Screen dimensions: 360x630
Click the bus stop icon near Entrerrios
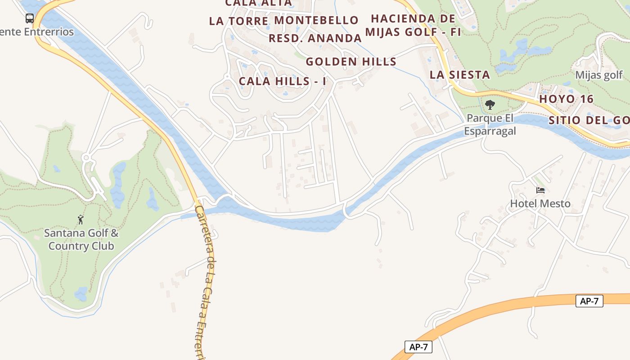point(30,18)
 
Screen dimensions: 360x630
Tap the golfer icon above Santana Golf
point(81,220)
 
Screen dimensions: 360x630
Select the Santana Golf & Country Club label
point(81,239)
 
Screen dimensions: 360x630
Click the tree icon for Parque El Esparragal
point(490,105)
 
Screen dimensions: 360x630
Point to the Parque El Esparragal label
point(490,124)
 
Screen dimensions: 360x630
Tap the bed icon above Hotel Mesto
point(540,190)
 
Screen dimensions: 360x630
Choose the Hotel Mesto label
point(540,203)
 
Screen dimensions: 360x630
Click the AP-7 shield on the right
point(589,301)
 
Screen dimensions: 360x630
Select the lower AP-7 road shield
point(418,347)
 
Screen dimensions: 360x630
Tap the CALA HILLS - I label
point(282,81)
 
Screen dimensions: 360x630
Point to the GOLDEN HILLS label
point(351,62)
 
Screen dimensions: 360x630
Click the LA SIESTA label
point(459,75)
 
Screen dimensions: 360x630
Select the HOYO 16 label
point(567,99)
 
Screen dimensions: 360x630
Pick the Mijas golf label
point(599,75)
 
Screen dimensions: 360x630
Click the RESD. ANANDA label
point(315,38)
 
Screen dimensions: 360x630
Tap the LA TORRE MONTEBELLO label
point(283,21)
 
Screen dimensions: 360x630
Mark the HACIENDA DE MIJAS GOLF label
point(413,25)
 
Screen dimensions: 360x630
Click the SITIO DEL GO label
point(589,120)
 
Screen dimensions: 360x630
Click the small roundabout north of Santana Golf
point(86,157)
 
